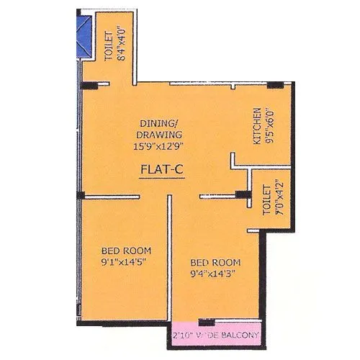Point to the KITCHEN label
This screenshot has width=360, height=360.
point(256,127)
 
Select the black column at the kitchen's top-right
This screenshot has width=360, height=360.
point(274,86)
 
